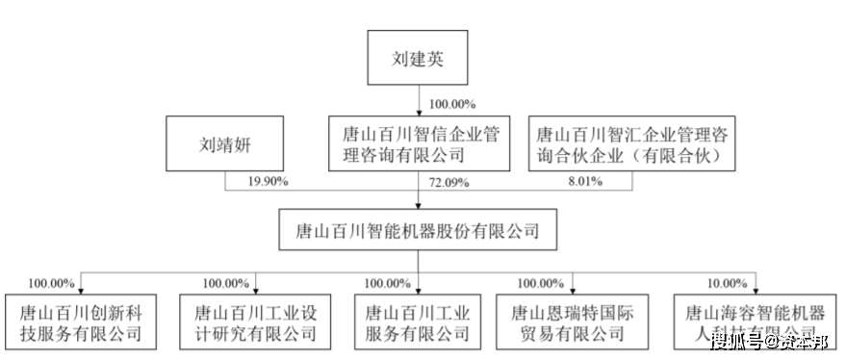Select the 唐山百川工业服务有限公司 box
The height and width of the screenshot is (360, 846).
(417, 321)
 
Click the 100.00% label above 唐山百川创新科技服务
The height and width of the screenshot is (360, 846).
(51, 282)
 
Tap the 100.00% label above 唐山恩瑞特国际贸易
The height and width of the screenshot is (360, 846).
(542, 282)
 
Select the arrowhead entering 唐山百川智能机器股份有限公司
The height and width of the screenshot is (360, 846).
(418, 205)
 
